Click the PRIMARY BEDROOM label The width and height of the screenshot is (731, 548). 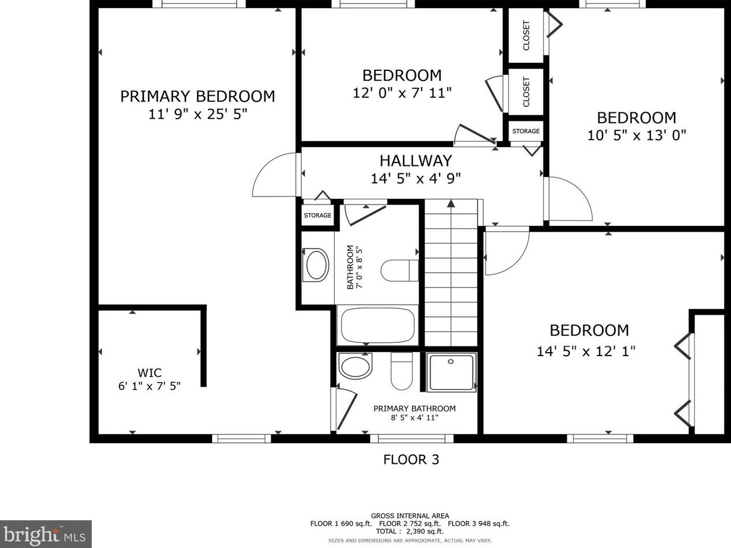(x=198, y=96)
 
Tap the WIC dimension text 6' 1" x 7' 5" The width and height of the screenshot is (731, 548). (x=150, y=386)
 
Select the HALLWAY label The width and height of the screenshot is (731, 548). (x=416, y=161)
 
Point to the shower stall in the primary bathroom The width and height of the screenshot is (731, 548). (x=451, y=372)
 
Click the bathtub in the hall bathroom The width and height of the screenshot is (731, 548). (x=377, y=325)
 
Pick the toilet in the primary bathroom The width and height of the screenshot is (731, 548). (x=402, y=371)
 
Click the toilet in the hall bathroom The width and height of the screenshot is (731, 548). (x=400, y=270)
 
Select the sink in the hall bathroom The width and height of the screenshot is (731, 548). (x=316, y=265)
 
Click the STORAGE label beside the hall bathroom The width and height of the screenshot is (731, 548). (x=317, y=215)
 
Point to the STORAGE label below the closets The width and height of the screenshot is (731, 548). (x=526, y=131)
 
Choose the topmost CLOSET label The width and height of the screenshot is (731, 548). (x=526, y=36)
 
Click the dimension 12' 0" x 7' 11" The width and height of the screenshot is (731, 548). (x=402, y=93)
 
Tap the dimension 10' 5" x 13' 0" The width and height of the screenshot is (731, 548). (x=637, y=135)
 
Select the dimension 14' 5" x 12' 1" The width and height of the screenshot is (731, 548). (x=586, y=351)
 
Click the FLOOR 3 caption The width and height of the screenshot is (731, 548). (x=411, y=460)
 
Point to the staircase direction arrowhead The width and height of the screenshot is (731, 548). (x=451, y=203)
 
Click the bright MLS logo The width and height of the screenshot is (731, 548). (x=46, y=534)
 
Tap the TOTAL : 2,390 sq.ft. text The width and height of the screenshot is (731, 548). (x=410, y=531)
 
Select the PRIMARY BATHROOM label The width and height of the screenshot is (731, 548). (x=415, y=409)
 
